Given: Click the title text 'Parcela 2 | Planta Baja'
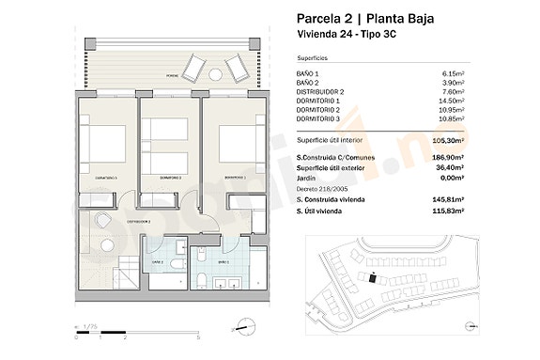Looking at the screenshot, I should click(x=364, y=18).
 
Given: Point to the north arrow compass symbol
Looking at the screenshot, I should click(x=244, y=329).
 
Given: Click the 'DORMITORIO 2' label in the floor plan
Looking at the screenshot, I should click(x=169, y=177).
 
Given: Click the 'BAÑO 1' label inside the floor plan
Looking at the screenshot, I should click(x=223, y=261).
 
